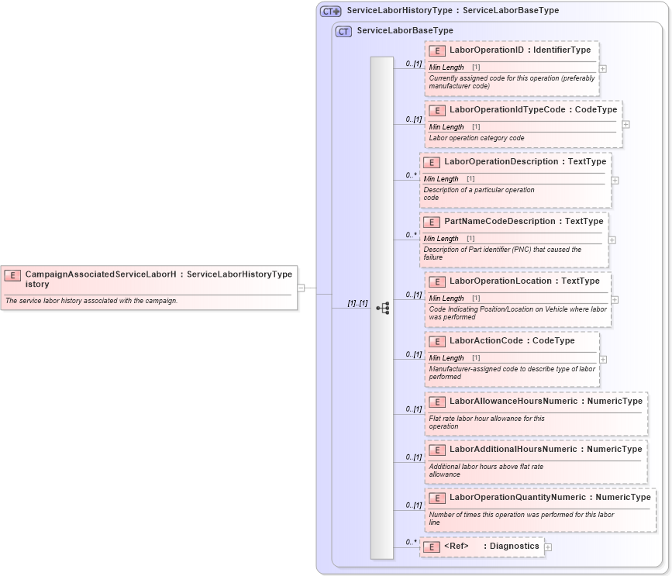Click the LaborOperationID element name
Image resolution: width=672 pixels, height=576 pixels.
(487, 50)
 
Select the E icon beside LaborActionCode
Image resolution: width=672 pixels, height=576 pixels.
(437, 341)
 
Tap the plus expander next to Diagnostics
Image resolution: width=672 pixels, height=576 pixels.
(548, 547)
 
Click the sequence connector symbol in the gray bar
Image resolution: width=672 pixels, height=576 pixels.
(382, 308)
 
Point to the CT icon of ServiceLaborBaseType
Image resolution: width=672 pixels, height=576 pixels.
(343, 31)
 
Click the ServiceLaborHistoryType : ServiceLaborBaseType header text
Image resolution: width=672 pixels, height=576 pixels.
(453, 11)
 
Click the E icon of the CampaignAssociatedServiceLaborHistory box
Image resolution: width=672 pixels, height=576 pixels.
(12, 274)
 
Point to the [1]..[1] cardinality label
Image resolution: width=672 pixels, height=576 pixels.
(357, 303)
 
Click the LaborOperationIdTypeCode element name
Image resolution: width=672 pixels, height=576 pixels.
(507, 110)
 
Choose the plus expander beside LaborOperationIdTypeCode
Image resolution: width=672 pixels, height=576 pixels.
(625, 124)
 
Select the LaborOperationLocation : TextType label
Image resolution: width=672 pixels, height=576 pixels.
(524, 281)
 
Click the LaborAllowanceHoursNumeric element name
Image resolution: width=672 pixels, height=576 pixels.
(513, 402)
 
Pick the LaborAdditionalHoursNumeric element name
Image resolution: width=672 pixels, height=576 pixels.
(513, 450)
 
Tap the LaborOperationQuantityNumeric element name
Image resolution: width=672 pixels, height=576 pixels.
(518, 498)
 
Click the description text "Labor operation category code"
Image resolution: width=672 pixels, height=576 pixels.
(477, 138)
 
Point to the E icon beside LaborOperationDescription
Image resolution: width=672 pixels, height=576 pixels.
(432, 163)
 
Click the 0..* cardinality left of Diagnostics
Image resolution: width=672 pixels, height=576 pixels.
(411, 542)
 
